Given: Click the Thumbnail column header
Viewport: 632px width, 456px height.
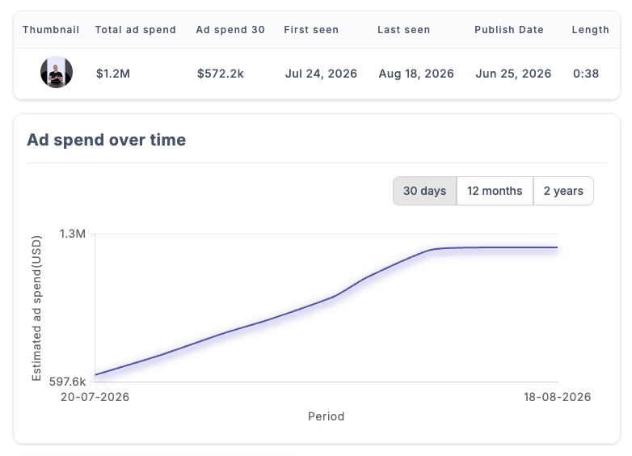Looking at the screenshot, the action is point(51,30).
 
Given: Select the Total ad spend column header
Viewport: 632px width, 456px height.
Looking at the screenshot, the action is point(136,30).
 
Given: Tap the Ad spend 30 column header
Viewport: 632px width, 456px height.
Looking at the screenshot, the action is point(230,30).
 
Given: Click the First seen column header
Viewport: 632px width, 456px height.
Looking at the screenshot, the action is point(311,30).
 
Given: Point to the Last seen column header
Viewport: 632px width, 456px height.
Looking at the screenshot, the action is point(404,30).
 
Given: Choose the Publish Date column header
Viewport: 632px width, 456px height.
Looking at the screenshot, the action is point(509,30).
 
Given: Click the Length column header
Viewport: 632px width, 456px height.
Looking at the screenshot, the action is point(591,30).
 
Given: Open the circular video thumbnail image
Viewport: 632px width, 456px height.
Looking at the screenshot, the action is point(57,72).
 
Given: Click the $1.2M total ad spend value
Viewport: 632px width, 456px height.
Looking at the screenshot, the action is point(113,74).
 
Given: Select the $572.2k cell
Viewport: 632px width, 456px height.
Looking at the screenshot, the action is point(221,74).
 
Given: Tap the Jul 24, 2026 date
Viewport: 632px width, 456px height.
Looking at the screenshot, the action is point(321,74).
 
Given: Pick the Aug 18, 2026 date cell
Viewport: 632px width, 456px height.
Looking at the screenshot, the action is point(416,74).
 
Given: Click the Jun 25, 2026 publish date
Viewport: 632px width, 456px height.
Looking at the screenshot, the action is point(513,74).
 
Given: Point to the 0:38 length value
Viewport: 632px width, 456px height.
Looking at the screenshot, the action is point(586,74).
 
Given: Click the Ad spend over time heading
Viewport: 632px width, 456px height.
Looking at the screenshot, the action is point(107,141).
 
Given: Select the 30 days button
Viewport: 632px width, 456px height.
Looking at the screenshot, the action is point(425,191).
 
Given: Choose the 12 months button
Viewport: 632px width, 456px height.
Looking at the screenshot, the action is point(495,191).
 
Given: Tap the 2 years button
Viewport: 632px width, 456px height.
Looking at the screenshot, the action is point(563,191).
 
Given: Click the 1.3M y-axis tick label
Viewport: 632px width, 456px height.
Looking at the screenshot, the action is point(73,234).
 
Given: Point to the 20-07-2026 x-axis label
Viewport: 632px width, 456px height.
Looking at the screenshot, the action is point(95,397).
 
